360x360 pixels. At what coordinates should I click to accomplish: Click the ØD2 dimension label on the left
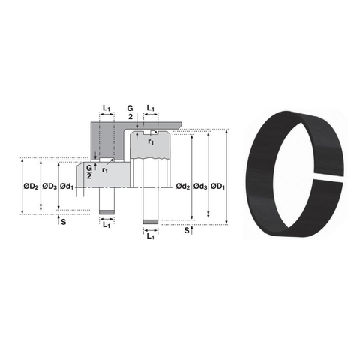coord(29,185)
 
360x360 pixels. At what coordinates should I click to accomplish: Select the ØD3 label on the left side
coord(49,185)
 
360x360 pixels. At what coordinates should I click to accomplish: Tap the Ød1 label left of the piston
coord(67,185)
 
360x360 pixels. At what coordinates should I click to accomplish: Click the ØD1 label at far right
coord(219,185)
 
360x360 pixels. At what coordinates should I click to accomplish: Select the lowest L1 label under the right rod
coord(151,236)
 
